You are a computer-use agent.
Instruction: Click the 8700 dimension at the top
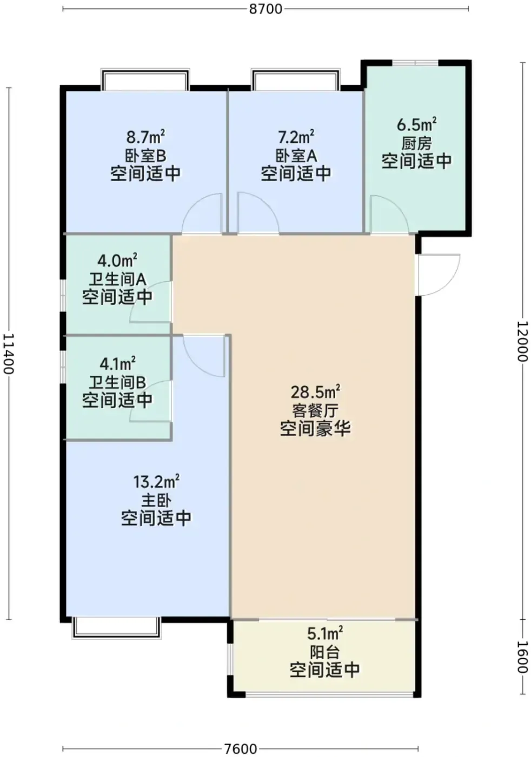click(265, 9)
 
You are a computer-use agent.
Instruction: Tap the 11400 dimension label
click(9, 354)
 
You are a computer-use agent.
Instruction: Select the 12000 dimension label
click(522, 341)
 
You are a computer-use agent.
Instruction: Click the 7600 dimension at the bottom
click(241, 748)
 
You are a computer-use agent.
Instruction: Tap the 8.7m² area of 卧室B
click(145, 137)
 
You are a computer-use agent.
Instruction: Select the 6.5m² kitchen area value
click(416, 124)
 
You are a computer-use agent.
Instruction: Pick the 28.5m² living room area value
click(315, 392)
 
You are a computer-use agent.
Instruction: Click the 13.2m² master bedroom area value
click(156, 481)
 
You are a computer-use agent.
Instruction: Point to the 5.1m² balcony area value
click(325, 634)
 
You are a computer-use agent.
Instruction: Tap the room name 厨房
click(416, 144)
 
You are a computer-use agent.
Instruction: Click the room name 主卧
click(156, 500)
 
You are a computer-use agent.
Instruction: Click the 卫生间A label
click(117, 280)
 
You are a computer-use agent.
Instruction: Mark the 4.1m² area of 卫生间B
click(118, 364)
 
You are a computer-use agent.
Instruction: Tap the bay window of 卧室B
click(145, 80)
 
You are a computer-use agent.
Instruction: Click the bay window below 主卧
click(117, 628)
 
